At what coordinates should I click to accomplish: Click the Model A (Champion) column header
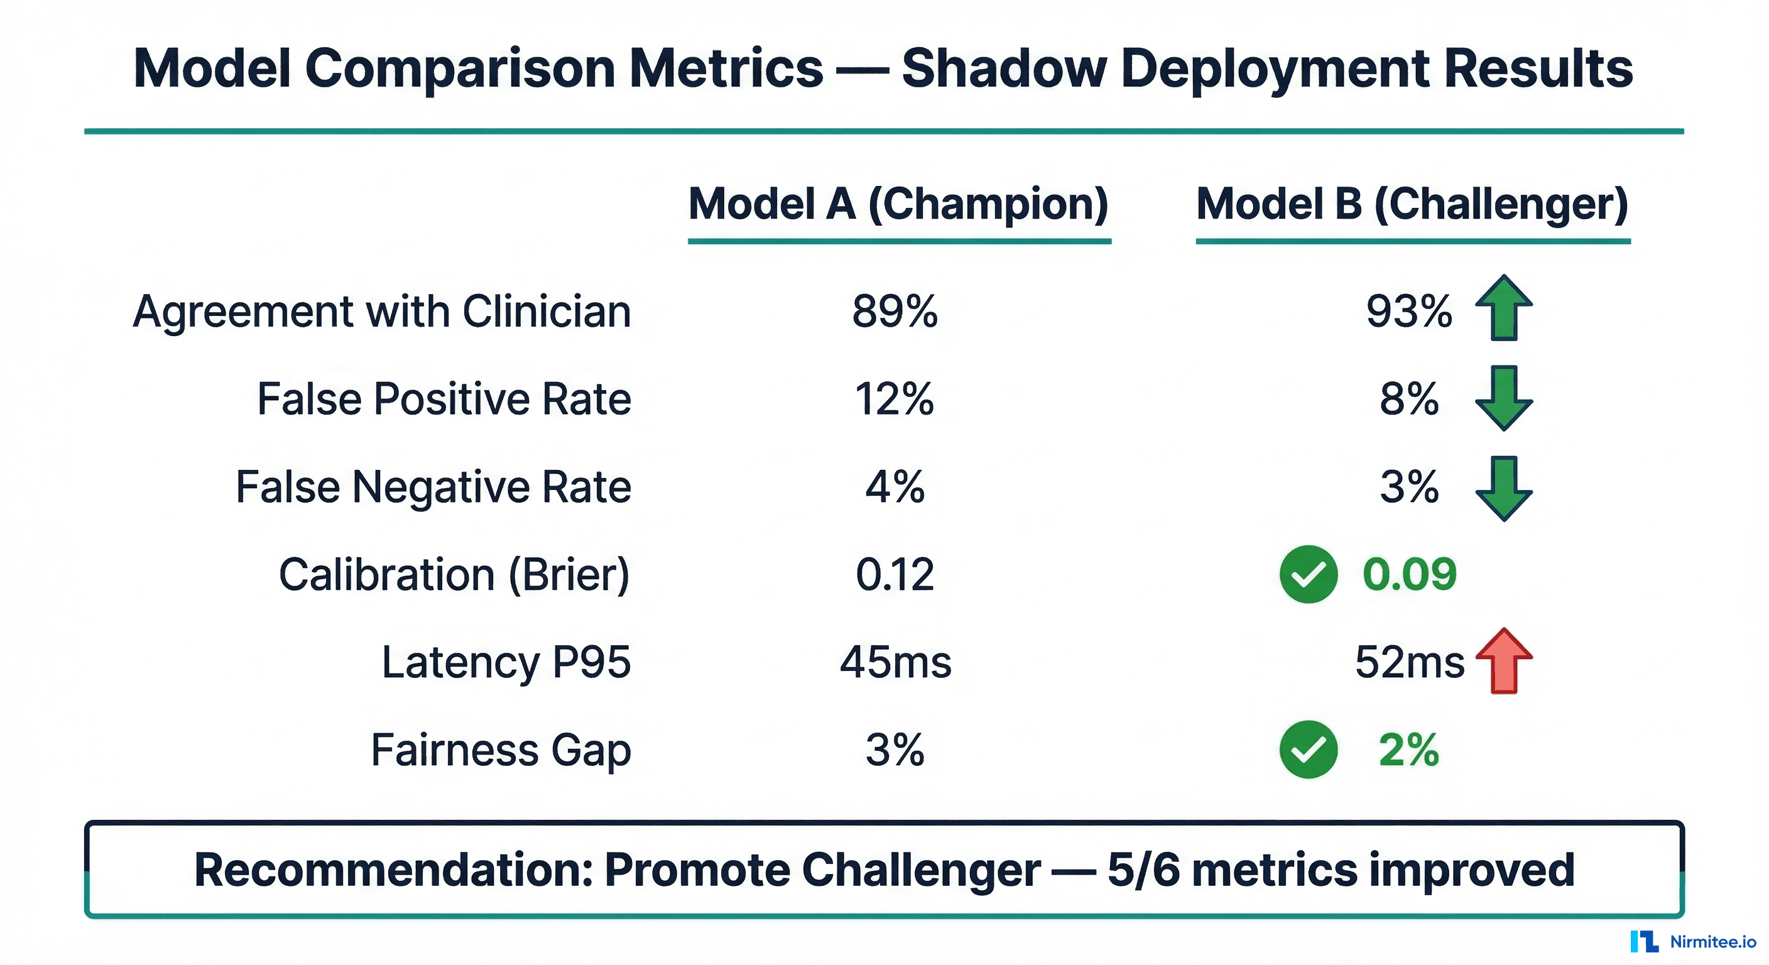coord(898,204)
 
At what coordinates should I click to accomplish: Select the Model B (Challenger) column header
coord(1412,204)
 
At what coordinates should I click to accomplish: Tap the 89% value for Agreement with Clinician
coord(894,311)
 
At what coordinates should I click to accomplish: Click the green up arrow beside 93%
coord(1503,308)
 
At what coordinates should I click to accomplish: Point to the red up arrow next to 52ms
coord(1503,661)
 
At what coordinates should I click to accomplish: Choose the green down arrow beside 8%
coord(1503,398)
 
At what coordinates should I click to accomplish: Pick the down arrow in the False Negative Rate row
coord(1503,488)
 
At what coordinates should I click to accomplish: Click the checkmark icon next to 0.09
coord(1308,574)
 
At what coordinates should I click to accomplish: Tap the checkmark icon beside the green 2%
coord(1308,750)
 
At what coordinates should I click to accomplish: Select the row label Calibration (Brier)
coord(454,574)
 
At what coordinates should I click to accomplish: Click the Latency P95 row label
coord(506,662)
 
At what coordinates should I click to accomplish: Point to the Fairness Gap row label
coord(501,750)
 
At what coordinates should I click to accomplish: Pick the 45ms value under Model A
coord(895,662)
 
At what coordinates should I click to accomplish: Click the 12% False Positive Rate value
coord(894,399)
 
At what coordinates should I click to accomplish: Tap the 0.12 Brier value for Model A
coord(894,574)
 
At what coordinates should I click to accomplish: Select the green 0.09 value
coord(1409,574)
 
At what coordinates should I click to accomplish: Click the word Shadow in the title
coord(1003,68)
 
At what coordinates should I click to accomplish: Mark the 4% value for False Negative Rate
coord(894,487)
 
